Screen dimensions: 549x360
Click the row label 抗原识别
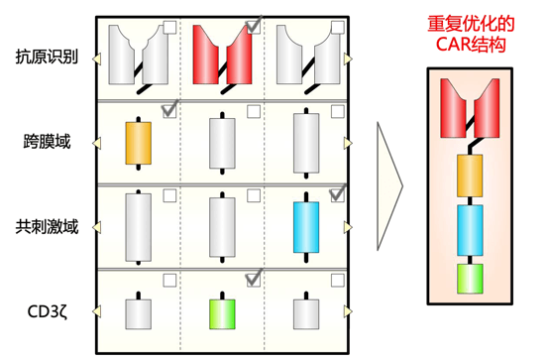pyautogui.click(x=47, y=57)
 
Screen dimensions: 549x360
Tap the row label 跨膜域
pyautogui.click(x=47, y=141)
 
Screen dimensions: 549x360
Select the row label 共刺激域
pyautogui.click(x=47, y=227)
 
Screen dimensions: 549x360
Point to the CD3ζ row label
pyautogui.click(x=48, y=311)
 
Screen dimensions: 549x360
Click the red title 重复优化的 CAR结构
pyautogui.click(x=471, y=35)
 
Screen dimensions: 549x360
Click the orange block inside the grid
pyautogui.click(x=139, y=143)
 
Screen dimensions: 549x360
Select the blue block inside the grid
pyautogui.click(x=306, y=227)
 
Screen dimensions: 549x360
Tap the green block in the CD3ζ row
pyautogui.click(x=222, y=314)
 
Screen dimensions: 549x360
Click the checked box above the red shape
pyautogui.click(x=254, y=25)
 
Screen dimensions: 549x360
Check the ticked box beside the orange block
pyautogui.click(x=170, y=109)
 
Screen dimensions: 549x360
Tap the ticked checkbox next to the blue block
pyautogui.click(x=338, y=193)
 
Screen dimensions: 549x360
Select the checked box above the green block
pyautogui.click(x=254, y=279)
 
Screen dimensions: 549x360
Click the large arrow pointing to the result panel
pyautogui.click(x=389, y=186)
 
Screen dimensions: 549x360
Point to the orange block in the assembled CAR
pyautogui.click(x=470, y=176)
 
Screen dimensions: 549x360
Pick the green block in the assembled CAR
pyautogui.click(x=470, y=279)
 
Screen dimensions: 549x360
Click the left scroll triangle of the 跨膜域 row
pyautogui.click(x=97, y=143)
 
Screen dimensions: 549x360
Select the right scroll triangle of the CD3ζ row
pyautogui.click(x=348, y=311)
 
